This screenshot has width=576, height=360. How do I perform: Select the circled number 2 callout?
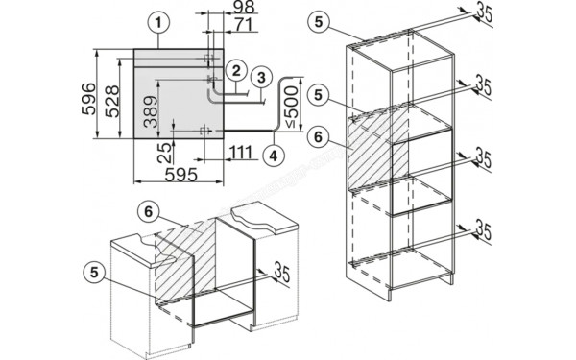(x=233, y=69)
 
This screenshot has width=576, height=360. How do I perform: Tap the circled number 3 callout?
(x=259, y=76)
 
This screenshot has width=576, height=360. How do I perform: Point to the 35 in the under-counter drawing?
(x=281, y=274)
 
